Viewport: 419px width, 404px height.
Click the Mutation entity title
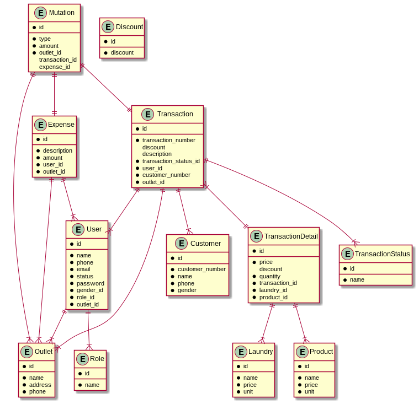tap(61, 13)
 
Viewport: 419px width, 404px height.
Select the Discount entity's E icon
tap(108, 27)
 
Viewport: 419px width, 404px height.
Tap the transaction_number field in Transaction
tap(168, 140)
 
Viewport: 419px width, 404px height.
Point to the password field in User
tap(90, 283)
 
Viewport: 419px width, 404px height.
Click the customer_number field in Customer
tap(201, 269)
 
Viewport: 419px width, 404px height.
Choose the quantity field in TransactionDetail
tap(271, 276)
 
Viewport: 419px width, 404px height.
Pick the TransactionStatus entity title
tap(383, 254)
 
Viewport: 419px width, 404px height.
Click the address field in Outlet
tap(40, 385)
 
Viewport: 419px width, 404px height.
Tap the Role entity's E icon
tap(82, 359)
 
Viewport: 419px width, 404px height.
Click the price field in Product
tap(311, 385)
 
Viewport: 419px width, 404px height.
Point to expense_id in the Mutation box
tap(54, 67)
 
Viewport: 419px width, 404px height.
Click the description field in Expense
tap(57, 150)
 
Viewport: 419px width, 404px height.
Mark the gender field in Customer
tap(187, 290)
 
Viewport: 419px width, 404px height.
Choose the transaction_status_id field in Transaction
tap(171, 161)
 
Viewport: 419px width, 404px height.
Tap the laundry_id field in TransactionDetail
tap(273, 290)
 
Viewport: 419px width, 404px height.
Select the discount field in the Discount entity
tap(122, 52)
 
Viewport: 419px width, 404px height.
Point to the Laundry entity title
tap(261, 352)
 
